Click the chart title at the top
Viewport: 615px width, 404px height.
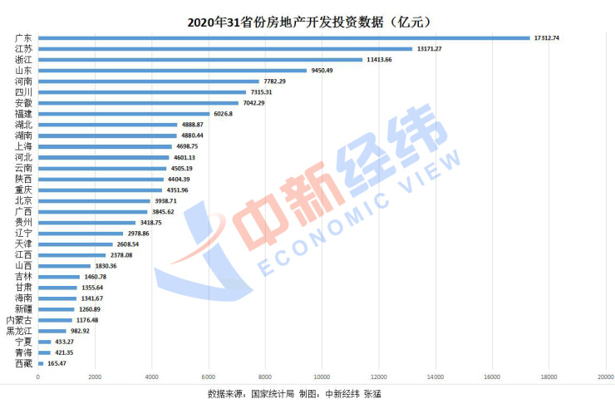(308, 19)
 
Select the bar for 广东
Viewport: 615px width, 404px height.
(283, 37)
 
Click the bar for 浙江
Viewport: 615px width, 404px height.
(200, 59)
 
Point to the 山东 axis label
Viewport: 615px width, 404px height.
(23, 71)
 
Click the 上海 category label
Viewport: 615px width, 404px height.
(23, 146)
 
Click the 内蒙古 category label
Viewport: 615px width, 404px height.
(19, 319)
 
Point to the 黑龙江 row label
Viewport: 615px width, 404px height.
(19, 331)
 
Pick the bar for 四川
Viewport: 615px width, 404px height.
(141, 92)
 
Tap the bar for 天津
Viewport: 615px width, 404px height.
(75, 244)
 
